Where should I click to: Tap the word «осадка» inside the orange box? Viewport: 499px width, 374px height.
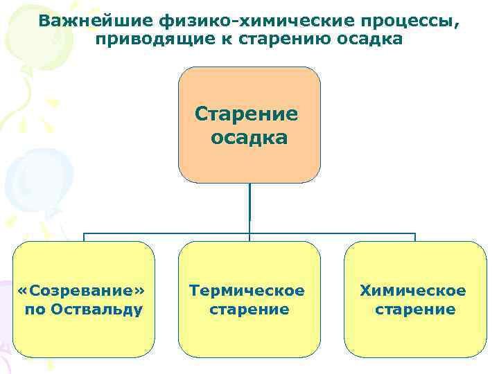249,137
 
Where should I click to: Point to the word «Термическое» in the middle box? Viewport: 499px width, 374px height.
247,290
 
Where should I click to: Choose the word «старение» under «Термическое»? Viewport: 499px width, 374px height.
249,309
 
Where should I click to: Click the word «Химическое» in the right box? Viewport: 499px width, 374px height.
413,290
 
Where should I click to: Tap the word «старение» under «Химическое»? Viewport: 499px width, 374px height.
415,309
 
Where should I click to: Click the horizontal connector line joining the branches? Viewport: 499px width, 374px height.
166,234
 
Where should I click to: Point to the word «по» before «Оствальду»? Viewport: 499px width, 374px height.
34,309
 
